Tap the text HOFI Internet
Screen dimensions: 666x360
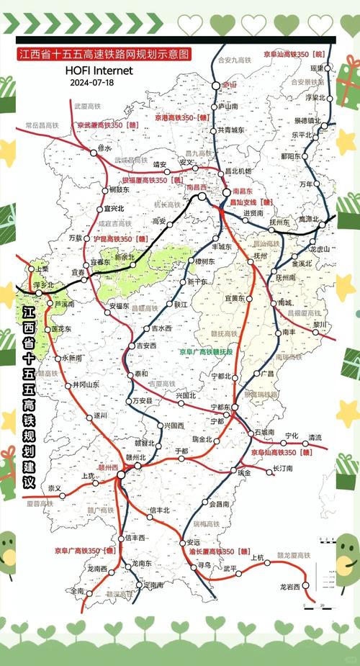[99, 71]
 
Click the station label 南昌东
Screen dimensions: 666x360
[242, 192]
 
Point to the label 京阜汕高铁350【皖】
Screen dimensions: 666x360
[293, 54]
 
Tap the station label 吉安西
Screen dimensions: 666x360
[146, 346]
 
